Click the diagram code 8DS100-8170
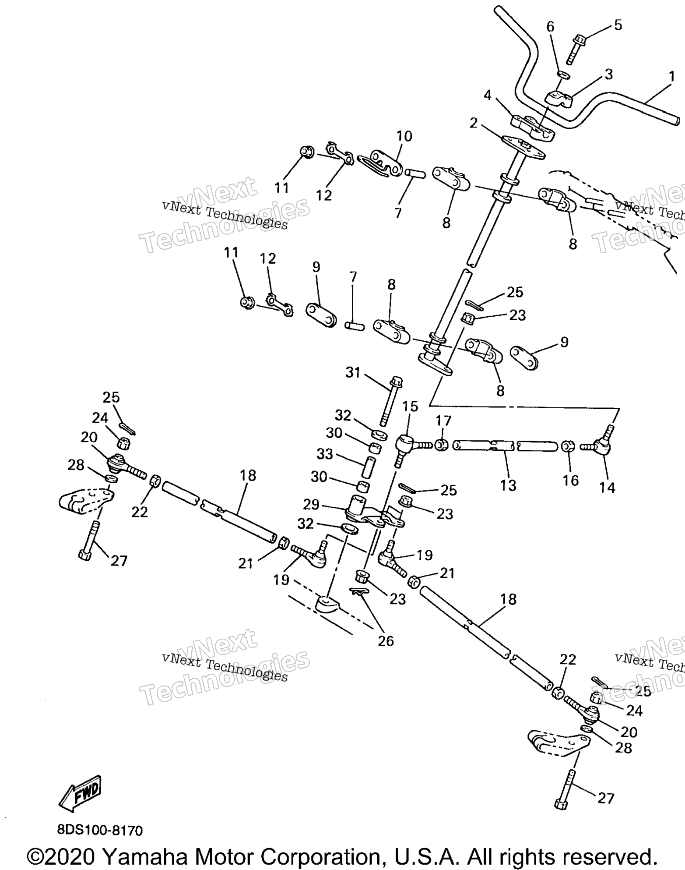100,830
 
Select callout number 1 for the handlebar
672,77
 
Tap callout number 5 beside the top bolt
618,25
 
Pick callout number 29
311,504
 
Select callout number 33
325,454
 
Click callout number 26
386,641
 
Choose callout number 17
443,421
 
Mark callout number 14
607,487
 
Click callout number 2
474,124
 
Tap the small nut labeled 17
441,446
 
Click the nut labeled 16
568,447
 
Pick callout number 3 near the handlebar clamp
608,74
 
